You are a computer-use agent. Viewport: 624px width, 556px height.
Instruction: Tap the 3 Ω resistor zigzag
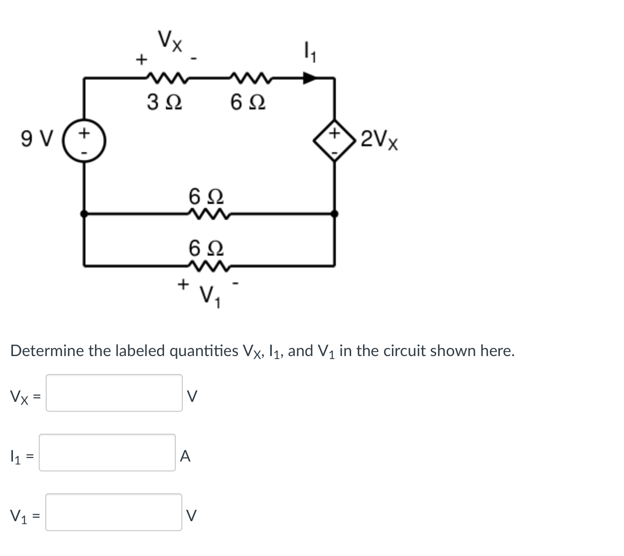tap(163, 78)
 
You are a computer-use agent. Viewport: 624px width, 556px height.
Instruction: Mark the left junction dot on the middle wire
tap(84, 214)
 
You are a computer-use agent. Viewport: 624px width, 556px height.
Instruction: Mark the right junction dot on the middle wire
tap(335, 214)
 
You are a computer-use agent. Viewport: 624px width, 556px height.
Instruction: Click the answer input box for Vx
tap(114, 393)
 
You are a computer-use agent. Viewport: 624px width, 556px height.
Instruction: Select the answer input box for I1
tap(107, 453)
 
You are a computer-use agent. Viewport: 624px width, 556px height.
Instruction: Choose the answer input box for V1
tap(114, 512)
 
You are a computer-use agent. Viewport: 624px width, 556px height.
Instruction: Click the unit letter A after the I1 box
tap(185, 456)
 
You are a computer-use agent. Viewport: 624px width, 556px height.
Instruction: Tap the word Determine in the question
tap(48, 351)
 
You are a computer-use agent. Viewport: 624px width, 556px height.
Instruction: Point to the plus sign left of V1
tap(183, 284)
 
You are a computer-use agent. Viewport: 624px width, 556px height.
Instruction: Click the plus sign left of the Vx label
tap(142, 60)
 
